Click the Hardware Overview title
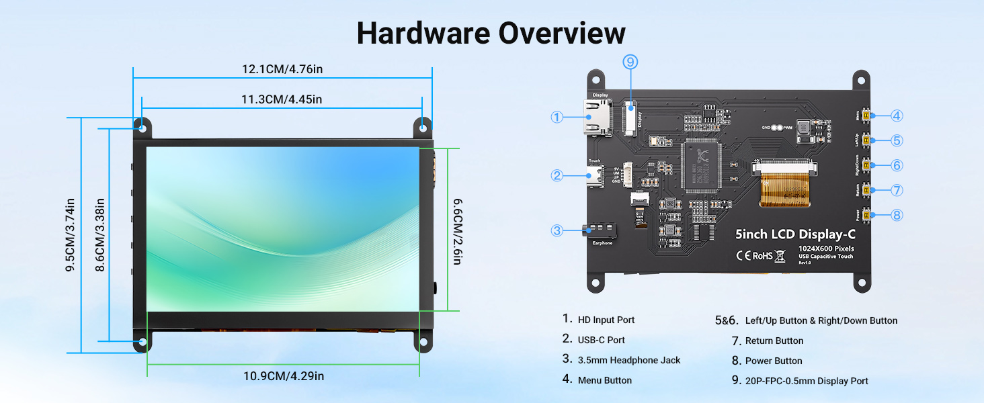pyautogui.click(x=491, y=33)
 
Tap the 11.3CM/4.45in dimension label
pyautogui.click(x=282, y=99)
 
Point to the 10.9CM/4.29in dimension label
pyautogui.click(x=283, y=376)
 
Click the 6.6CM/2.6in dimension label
pyautogui.click(x=456, y=230)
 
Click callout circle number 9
pyautogui.click(x=630, y=62)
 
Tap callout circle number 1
pyautogui.click(x=557, y=117)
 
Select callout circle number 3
pyautogui.click(x=557, y=230)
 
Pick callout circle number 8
pyautogui.click(x=897, y=216)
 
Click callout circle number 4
pyautogui.click(x=897, y=116)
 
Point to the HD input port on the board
pyautogui.click(x=596, y=118)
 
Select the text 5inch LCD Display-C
pyautogui.click(x=796, y=234)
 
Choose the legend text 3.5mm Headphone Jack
pyautogui.click(x=628, y=360)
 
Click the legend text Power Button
pyautogui.click(x=773, y=361)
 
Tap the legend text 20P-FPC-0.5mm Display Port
pyautogui.click(x=806, y=381)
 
